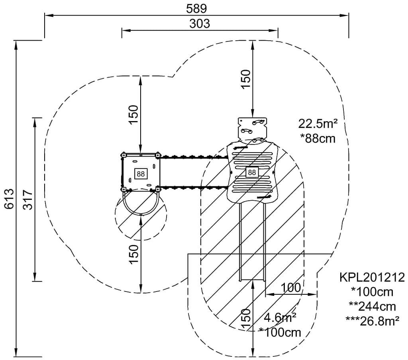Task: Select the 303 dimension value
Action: point(199,24)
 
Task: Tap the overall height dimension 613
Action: point(9,198)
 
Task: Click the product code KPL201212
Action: point(372,277)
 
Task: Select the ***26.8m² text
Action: point(373,321)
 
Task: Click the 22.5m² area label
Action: point(318,124)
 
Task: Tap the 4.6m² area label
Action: point(280,317)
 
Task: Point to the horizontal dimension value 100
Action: point(290,288)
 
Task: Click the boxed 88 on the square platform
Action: point(141,174)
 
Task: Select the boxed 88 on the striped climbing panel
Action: point(251,172)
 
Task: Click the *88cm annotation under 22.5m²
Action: point(318,139)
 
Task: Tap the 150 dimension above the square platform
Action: point(133,114)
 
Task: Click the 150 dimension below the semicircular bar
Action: point(133,254)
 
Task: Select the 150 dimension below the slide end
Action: point(246,319)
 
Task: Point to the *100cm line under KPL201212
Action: point(372,292)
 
